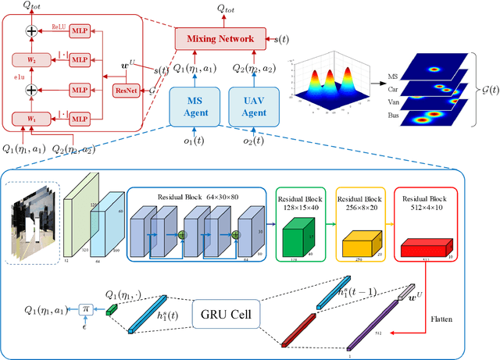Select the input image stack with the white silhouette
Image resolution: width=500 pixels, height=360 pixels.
(32, 222)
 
